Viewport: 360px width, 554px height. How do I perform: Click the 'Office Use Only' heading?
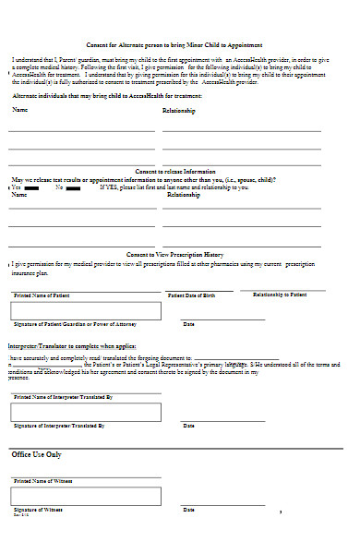point(37,454)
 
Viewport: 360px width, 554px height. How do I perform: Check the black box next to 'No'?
point(74,187)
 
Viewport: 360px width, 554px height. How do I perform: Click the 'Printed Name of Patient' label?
point(41,295)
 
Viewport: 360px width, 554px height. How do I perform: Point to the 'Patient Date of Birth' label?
point(192,295)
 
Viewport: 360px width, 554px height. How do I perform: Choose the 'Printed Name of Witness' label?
point(42,481)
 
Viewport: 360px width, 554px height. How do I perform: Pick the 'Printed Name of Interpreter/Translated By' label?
point(63,396)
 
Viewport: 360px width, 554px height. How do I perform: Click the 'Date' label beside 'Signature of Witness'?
point(188,510)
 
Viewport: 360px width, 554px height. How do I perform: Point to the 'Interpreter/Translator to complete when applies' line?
point(73,345)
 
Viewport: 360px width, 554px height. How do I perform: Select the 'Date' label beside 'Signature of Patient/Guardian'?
point(188,324)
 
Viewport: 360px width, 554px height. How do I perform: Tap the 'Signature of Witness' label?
point(38,510)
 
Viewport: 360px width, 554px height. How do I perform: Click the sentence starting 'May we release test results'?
point(142,180)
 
